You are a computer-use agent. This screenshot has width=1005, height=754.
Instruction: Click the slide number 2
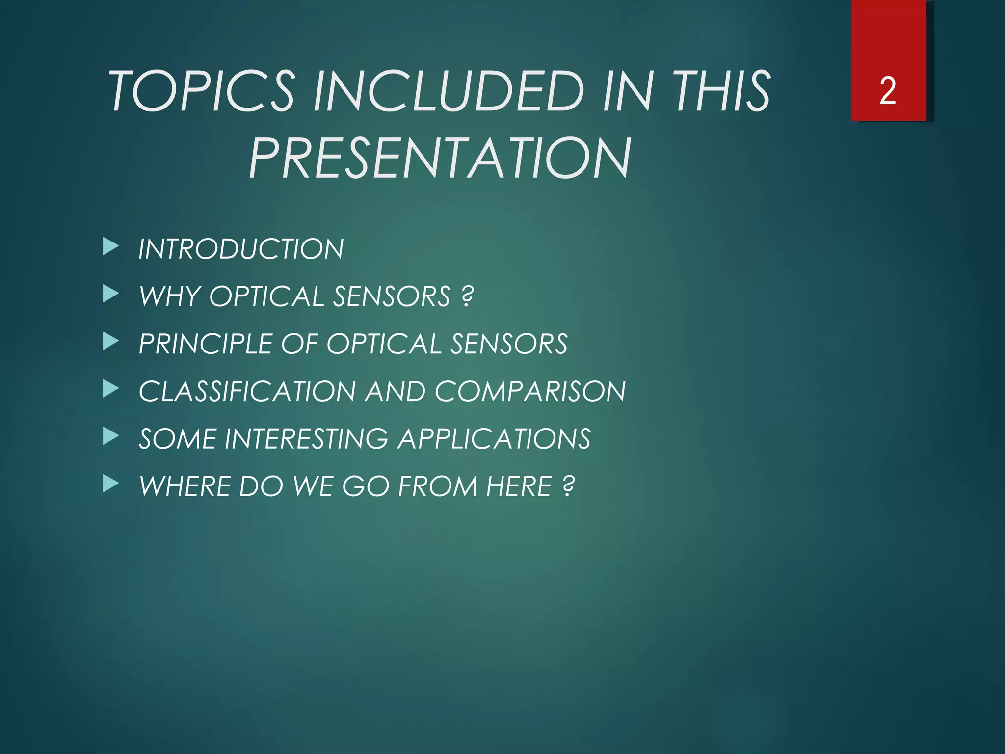[x=888, y=91]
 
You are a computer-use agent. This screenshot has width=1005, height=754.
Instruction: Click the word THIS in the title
[x=721, y=91]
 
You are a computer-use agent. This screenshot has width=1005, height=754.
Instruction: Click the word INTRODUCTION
[x=241, y=249]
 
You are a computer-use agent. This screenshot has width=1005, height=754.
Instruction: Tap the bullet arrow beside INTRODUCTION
[x=111, y=247]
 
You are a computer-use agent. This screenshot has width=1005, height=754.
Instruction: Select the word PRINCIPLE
[x=205, y=344]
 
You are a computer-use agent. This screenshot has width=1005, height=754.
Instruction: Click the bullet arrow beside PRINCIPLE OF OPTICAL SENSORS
[x=111, y=342]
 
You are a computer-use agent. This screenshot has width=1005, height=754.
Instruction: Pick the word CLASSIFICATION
[x=247, y=391]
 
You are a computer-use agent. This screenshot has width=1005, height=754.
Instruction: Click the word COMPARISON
[x=530, y=391]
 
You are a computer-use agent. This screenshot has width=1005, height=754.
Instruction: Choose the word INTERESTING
[x=306, y=439]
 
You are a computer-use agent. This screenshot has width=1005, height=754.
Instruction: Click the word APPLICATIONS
[x=495, y=439]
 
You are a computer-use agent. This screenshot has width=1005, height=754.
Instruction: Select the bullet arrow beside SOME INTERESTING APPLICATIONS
[x=111, y=436]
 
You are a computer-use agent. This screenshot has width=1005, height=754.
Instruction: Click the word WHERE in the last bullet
[x=185, y=486]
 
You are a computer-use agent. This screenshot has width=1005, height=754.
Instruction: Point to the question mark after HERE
[x=568, y=486]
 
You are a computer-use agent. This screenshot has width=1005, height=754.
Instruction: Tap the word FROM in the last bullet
[x=437, y=486]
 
